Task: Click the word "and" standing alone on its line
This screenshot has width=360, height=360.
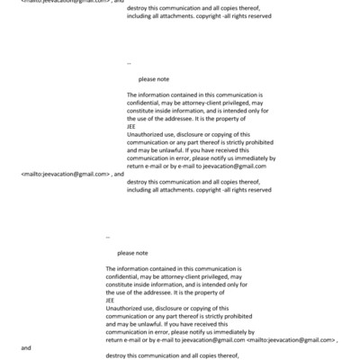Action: tap(25, 347)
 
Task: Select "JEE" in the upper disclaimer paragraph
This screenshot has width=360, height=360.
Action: tap(132, 125)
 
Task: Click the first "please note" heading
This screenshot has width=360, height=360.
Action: tap(142, 79)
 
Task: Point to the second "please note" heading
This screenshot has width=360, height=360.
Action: tap(131, 253)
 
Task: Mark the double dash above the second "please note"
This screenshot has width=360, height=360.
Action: tap(108, 238)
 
